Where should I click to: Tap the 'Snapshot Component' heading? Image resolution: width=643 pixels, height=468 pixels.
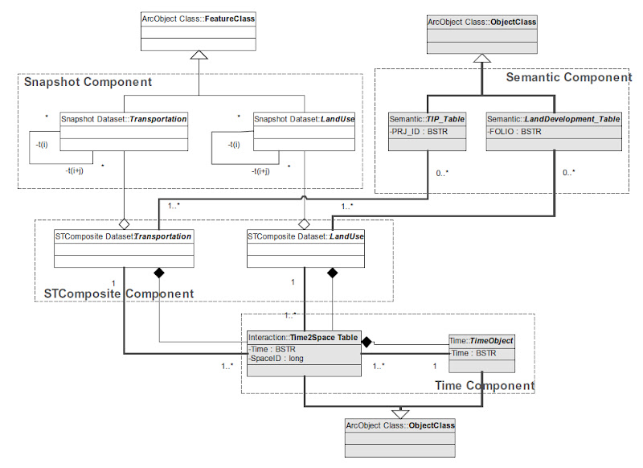(x=88, y=82)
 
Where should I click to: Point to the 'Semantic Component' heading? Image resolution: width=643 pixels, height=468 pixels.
(x=568, y=77)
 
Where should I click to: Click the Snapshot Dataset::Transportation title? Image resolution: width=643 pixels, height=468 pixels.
(x=124, y=119)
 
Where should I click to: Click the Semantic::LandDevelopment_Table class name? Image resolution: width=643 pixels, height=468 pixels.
(x=554, y=119)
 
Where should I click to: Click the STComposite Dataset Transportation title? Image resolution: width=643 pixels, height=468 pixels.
(x=124, y=236)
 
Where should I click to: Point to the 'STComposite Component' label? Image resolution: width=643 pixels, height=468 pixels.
(x=117, y=294)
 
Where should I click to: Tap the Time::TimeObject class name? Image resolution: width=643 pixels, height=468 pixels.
(x=481, y=341)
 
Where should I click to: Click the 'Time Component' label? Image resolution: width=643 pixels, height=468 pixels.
(x=484, y=386)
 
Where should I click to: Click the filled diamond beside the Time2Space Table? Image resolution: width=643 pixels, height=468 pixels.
(x=367, y=343)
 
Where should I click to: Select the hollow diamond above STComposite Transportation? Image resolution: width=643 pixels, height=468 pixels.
(x=123, y=223)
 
